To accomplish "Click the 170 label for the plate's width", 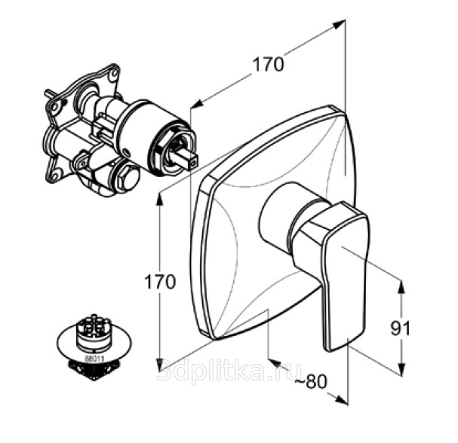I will [268, 65].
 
